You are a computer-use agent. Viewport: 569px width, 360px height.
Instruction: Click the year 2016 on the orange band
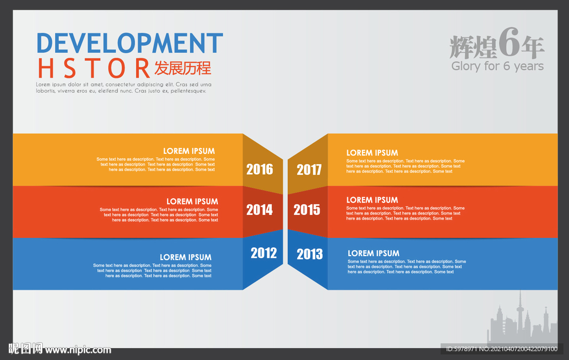point(259,169)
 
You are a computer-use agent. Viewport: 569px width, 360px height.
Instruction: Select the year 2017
point(309,170)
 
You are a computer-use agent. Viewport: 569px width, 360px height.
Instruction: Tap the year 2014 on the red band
point(259,210)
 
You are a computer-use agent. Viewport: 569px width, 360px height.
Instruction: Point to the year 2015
point(307,210)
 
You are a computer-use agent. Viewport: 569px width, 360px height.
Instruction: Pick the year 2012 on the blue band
point(264,253)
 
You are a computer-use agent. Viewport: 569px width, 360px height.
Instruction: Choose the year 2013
point(310,254)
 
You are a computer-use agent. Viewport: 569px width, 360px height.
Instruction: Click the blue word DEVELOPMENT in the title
point(130,43)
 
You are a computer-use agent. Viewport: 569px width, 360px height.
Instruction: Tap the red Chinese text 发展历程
point(182,68)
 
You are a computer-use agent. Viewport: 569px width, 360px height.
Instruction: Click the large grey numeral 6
point(509,42)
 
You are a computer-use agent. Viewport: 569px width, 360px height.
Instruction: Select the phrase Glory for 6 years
point(497,66)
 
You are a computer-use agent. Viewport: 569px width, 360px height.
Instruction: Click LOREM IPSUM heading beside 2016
point(189,151)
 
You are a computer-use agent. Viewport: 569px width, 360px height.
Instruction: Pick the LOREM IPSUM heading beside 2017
point(372,153)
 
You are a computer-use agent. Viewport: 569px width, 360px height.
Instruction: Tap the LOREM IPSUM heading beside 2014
point(192,202)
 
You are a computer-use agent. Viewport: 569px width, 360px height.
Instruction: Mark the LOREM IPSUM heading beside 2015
point(372,200)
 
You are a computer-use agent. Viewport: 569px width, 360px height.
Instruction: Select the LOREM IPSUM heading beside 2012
point(186,257)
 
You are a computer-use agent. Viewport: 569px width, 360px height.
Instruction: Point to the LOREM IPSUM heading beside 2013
point(373,253)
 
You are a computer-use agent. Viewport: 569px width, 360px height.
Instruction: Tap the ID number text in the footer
point(502,349)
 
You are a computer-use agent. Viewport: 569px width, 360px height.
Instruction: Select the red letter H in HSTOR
point(46,68)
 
